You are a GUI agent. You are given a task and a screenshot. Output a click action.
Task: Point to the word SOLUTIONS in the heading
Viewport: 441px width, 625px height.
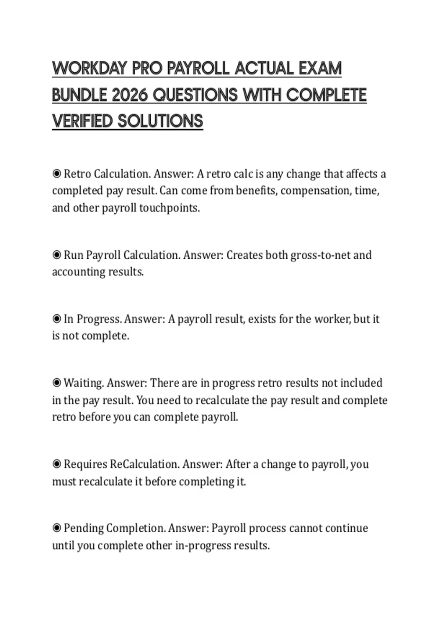[160, 121]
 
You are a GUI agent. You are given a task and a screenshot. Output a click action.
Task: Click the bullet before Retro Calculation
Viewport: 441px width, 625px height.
[57, 173]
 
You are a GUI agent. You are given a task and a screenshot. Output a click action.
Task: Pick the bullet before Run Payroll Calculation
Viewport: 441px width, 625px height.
[57, 254]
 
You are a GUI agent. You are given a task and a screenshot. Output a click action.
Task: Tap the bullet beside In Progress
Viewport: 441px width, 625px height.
[57, 318]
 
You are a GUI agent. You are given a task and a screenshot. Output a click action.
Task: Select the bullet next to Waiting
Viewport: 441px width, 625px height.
[57, 382]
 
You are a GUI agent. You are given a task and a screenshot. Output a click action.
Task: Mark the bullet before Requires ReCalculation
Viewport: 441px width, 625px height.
[57, 464]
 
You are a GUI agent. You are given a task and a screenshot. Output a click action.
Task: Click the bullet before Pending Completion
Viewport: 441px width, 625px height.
[57, 528]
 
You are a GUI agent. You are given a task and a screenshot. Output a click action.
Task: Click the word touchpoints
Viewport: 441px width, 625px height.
[169, 208]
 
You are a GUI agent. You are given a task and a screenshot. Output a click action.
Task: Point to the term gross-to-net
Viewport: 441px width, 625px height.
[320, 255]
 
